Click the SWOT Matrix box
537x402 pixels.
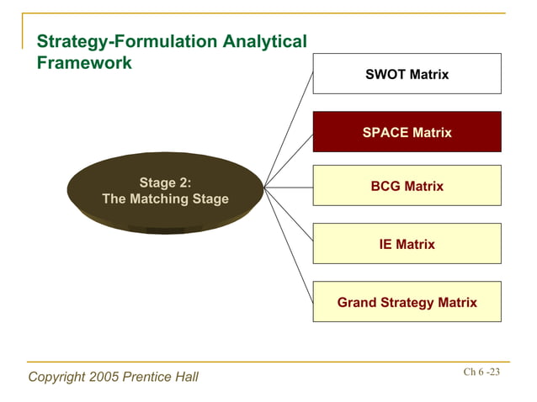pos(407,74)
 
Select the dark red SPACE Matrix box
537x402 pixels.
pos(407,132)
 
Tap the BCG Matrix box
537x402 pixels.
pos(407,186)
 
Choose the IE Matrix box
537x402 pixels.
pos(407,244)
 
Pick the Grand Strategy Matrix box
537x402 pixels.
pos(407,302)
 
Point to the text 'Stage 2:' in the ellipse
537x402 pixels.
pos(165,182)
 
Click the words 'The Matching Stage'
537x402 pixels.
pos(165,199)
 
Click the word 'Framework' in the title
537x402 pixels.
pos(85,63)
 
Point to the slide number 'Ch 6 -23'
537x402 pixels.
pos(481,372)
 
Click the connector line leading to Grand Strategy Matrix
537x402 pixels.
pos(289,244)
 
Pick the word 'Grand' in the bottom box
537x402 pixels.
pos(358,302)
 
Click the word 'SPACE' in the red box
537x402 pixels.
pos(385,132)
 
